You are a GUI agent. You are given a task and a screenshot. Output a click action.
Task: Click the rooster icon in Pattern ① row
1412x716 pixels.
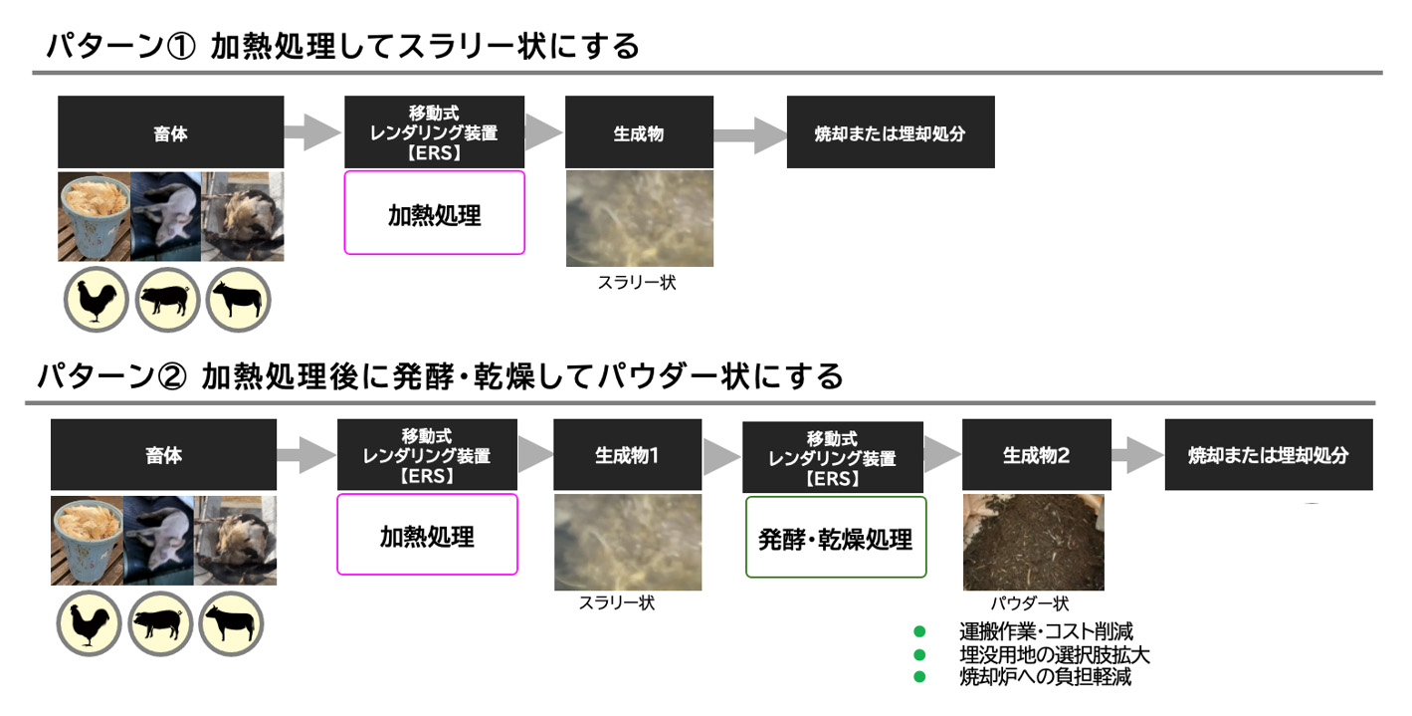(x=96, y=300)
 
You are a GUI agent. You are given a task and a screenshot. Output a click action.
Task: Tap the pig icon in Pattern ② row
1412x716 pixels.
(x=160, y=624)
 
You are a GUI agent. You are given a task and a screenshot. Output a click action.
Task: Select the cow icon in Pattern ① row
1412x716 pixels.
(x=239, y=300)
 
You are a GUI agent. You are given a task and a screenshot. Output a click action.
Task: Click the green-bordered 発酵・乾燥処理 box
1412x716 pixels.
(x=836, y=538)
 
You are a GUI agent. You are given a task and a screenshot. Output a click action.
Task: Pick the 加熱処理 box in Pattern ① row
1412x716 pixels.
(x=434, y=213)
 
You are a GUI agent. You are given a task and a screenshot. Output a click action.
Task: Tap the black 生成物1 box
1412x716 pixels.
(x=627, y=456)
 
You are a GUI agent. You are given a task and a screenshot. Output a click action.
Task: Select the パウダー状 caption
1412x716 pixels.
(x=1029, y=603)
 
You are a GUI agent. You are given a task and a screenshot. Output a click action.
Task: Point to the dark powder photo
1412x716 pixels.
(x=1033, y=544)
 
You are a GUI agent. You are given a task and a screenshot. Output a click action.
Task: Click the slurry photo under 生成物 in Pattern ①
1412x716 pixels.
(x=639, y=218)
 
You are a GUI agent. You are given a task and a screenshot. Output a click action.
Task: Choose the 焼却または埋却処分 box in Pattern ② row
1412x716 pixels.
(x=1268, y=456)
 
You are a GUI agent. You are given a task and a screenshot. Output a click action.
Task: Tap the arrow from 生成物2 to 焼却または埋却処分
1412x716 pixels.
(x=1136, y=457)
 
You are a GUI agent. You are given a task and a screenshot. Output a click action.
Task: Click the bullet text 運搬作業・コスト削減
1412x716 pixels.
(x=1046, y=631)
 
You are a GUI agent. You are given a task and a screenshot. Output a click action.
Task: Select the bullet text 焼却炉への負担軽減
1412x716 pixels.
(x=1045, y=677)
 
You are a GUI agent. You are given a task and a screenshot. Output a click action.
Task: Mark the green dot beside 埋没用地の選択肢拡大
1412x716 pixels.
(x=919, y=654)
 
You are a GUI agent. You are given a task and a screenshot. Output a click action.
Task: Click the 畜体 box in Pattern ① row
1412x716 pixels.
(x=170, y=132)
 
